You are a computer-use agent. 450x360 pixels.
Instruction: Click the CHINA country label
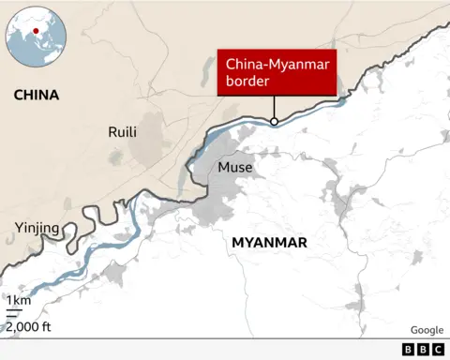point(37,96)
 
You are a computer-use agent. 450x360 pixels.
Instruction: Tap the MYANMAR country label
point(269,243)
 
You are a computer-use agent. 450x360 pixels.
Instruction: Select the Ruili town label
point(124,132)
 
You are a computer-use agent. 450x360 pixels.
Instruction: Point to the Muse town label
point(235,168)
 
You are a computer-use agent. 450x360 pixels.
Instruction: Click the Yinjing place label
point(37,228)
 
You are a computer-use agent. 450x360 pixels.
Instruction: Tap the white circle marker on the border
point(273,121)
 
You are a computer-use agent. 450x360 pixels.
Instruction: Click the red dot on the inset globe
point(36,32)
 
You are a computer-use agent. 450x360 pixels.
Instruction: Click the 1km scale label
point(19,301)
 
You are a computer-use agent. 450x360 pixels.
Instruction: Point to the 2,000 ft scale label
point(29,326)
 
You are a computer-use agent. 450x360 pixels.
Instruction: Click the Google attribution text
point(427,330)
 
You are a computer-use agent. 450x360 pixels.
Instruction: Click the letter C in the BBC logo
point(437,349)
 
